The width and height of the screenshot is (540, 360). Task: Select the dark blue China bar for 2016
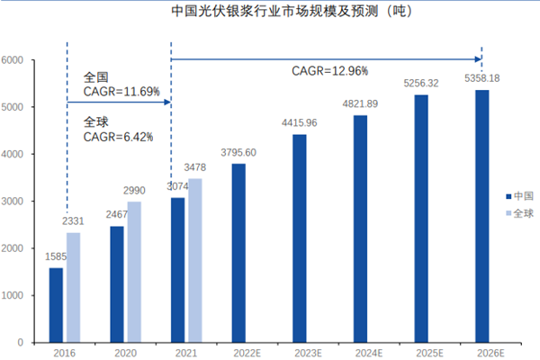point(56,305)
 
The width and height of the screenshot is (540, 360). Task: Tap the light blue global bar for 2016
point(72,288)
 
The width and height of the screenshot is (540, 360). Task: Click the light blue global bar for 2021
point(194,261)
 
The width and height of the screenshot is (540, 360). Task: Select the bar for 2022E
point(238,253)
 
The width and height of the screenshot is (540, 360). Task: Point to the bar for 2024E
point(360,229)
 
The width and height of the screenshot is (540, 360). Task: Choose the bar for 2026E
point(481,216)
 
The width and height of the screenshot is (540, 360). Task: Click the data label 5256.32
point(421,83)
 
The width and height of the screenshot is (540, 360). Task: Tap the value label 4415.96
point(300,122)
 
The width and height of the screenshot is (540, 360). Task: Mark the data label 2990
point(133,190)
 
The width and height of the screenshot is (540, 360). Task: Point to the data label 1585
point(56,256)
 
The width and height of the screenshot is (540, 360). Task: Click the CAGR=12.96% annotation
point(329,70)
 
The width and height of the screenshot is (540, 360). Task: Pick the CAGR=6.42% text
point(118,137)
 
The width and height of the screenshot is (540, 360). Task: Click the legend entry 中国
point(521,195)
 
